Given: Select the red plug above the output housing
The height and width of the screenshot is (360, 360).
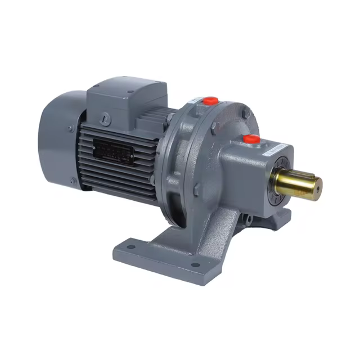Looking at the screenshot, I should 251,138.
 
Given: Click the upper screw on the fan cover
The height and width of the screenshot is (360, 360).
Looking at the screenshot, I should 70,129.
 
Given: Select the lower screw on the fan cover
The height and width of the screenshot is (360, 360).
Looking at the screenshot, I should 74,181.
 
